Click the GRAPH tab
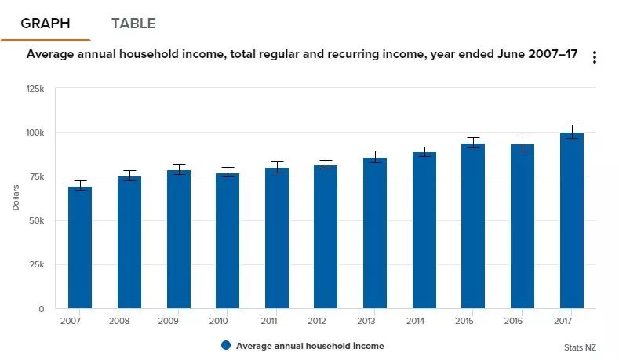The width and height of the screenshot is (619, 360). [45, 24]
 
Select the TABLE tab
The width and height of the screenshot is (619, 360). [133, 24]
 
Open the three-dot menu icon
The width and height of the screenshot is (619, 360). [595, 57]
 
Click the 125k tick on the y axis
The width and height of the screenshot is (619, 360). [35, 89]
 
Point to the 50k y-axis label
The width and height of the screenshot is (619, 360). [35, 221]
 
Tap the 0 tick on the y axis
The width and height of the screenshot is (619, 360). [41, 309]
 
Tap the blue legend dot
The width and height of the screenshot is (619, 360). [226, 346]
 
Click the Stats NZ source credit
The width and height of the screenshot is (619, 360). [579, 347]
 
